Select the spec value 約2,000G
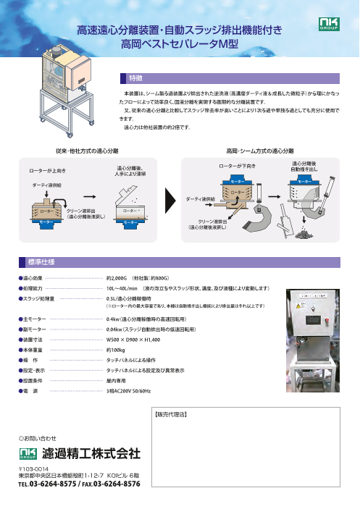pyautogui.click(x=117, y=278)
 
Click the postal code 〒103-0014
pyautogui.click(x=33, y=468)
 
